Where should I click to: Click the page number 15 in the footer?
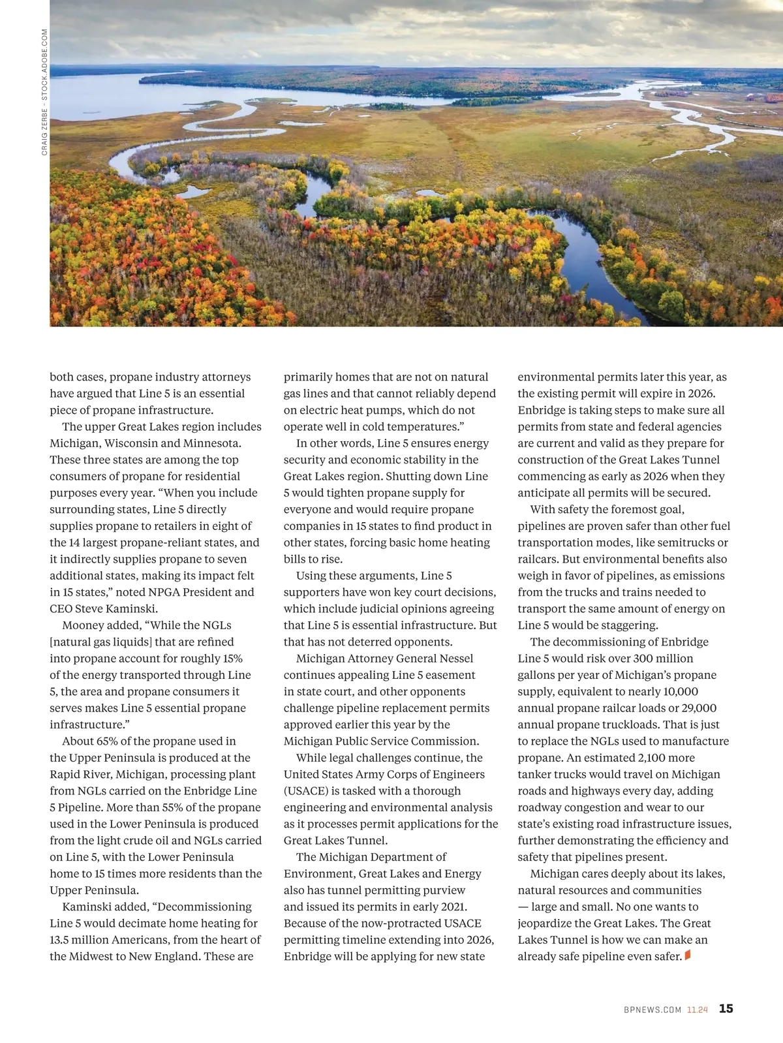(726, 1008)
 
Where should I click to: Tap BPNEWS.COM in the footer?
(652, 1010)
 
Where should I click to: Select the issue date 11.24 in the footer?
(697, 1010)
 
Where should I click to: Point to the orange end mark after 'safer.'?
(688, 956)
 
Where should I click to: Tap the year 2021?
(452, 907)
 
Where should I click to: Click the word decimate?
(142, 924)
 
